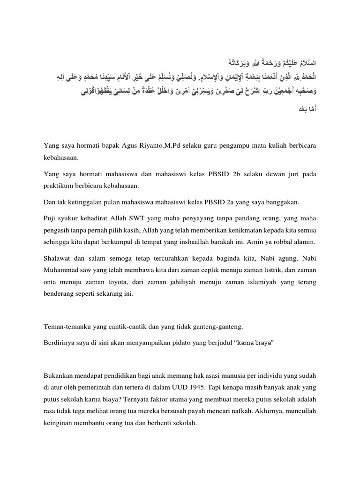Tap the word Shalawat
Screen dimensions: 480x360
click(56, 260)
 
